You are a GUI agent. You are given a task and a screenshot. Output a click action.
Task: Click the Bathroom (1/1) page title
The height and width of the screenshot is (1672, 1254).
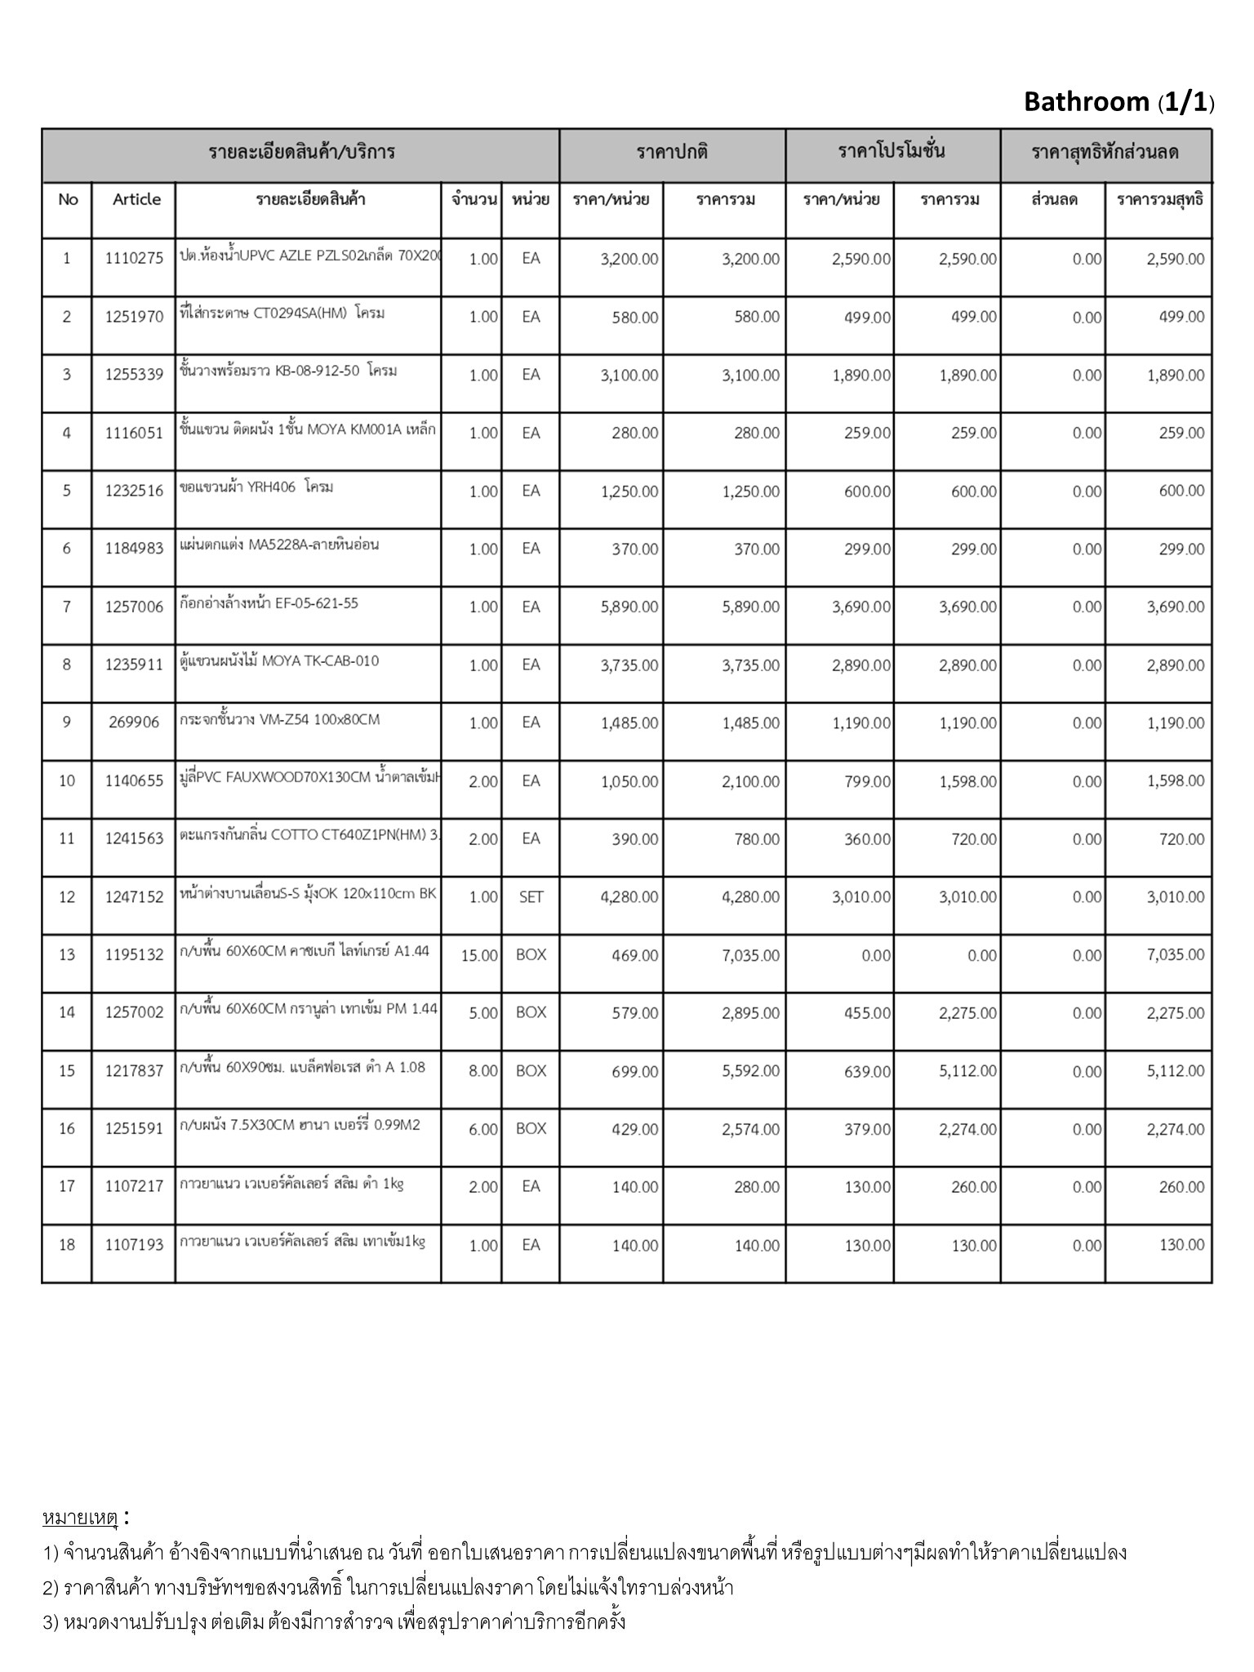pos(1118,102)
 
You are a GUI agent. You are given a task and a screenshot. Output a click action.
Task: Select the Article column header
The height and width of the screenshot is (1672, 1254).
pos(136,200)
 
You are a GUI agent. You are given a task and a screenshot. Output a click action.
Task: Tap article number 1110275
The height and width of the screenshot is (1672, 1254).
pos(134,259)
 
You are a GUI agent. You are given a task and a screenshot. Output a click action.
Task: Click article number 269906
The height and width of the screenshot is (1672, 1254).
pos(134,723)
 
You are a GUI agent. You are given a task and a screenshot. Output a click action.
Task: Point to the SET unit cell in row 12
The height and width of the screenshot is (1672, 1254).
pos(531,896)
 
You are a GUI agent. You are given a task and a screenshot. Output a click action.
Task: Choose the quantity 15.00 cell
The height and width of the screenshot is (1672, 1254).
pos(479,955)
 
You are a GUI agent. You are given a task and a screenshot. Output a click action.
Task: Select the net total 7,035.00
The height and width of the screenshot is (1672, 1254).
pos(1175,955)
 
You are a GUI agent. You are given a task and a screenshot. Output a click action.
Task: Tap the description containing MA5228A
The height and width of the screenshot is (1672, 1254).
pos(279,545)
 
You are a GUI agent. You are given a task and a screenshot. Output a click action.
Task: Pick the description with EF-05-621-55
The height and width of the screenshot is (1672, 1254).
pos(269,603)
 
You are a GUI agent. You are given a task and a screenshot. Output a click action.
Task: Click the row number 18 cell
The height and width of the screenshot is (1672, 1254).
pos(67,1244)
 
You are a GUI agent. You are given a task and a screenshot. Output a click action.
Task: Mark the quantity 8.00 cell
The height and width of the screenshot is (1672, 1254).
pos(482,1071)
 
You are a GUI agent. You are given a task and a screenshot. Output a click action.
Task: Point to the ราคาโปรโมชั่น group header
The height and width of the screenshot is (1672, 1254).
pos(892,152)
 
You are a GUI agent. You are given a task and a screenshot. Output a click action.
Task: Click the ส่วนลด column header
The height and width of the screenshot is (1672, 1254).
pos(1054,200)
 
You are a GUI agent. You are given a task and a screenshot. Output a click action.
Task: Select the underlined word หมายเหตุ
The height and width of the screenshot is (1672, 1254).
pos(80,1518)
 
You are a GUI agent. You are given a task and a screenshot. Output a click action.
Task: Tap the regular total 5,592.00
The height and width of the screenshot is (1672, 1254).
pos(750,1071)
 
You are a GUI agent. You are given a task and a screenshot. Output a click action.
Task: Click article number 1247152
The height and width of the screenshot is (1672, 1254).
pos(134,896)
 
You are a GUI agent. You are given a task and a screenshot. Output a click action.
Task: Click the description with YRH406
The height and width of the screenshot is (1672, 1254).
pos(256,487)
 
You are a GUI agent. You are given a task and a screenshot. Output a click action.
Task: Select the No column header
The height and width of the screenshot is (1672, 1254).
pos(68,200)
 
